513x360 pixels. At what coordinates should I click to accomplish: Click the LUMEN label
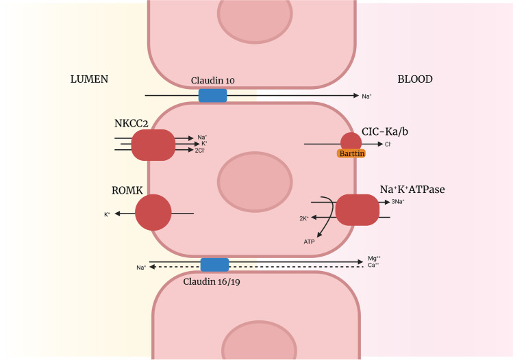pyautogui.click(x=90, y=79)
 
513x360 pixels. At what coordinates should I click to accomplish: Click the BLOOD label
pyautogui.click(x=415, y=79)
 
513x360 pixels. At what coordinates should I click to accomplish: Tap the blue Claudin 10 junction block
pyautogui.click(x=212, y=95)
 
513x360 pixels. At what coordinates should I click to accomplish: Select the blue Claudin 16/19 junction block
pyautogui.click(x=214, y=264)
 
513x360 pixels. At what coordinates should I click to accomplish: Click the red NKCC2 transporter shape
pyautogui.click(x=153, y=144)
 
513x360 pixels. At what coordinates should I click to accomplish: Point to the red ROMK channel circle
pyautogui.click(x=153, y=213)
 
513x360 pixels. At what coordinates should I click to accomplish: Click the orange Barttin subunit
pyautogui.click(x=351, y=154)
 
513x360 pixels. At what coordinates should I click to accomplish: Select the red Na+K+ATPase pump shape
pyautogui.click(x=357, y=209)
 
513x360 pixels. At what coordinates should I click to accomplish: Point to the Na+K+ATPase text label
pyautogui.click(x=412, y=189)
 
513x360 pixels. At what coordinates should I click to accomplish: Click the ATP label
pyautogui.click(x=310, y=242)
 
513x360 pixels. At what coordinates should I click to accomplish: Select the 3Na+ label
pyautogui.click(x=398, y=202)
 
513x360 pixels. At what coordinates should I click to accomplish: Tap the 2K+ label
pyautogui.click(x=304, y=218)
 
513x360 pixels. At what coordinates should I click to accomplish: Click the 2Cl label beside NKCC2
pyautogui.click(x=199, y=150)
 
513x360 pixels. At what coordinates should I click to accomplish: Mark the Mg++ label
pyautogui.click(x=374, y=258)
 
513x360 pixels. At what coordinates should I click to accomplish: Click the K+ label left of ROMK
pyautogui.click(x=107, y=214)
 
